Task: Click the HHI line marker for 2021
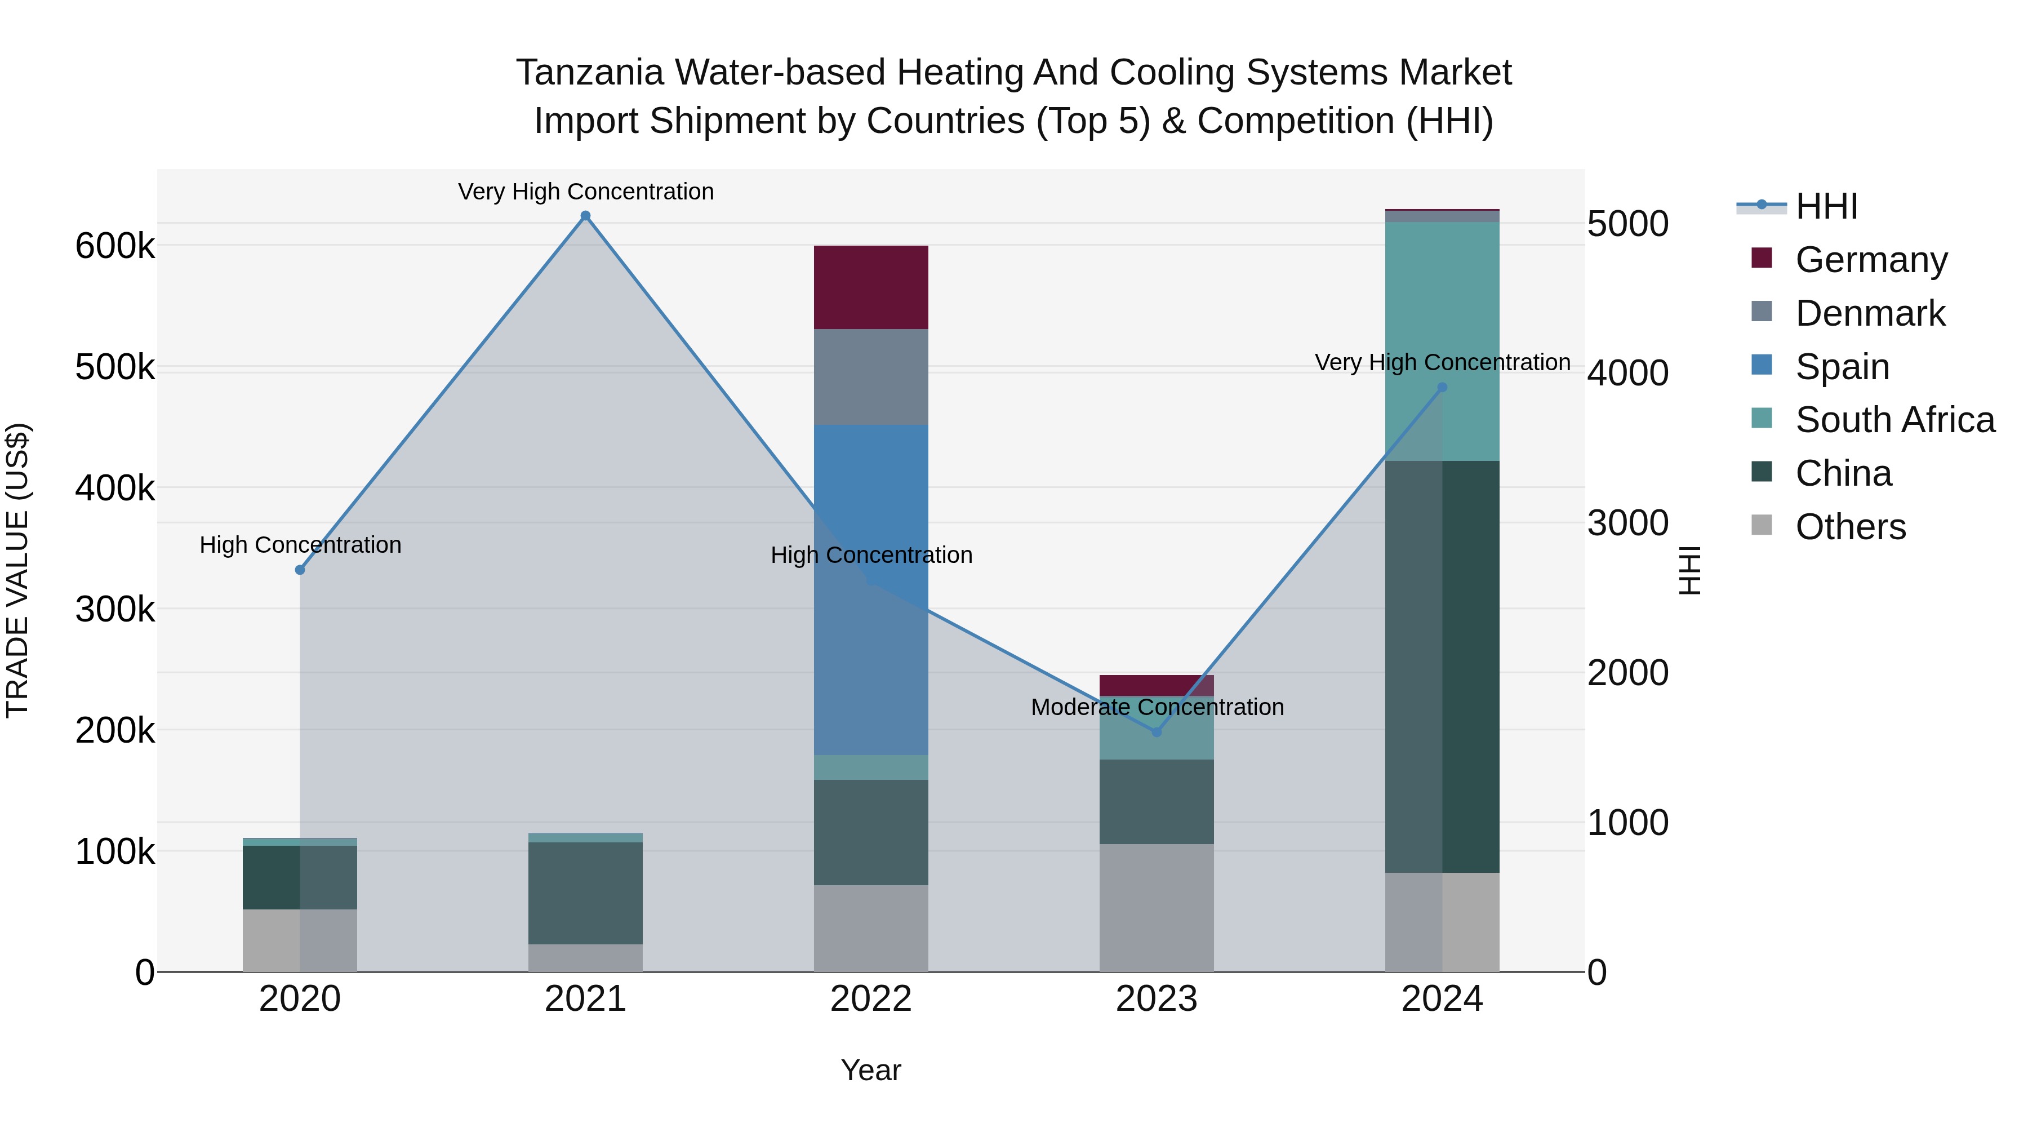coord(585,216)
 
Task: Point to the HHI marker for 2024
coord(1442,388)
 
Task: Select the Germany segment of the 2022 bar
coord(871,287)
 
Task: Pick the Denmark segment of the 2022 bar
coord(871,376)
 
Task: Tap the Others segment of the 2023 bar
coord(1157,907)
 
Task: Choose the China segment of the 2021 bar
coord(585,893)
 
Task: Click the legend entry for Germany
coord(1870,260)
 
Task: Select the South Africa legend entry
coord(1894,420)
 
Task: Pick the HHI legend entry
coord(1826,206)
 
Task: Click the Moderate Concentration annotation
coord(1157,707)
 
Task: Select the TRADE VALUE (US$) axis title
coord(17,570)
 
